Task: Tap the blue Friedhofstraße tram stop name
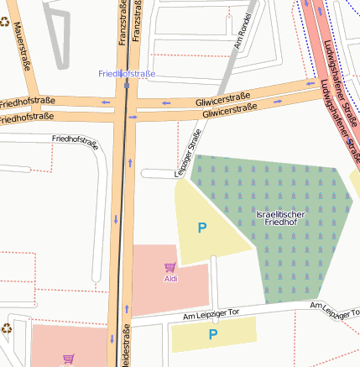(x=127, y=74)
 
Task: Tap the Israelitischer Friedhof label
(x=279, y=218)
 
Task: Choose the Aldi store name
(x=170, y=278)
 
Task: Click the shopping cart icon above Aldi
(x=170, y=267)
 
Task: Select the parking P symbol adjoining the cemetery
(x=201, y=228)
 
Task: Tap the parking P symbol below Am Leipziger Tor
(x=213, y=334)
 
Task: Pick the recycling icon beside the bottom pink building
(x=6, y=329)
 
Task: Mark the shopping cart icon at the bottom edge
(x=69, y=359)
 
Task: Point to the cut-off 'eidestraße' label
(x=127, y=345)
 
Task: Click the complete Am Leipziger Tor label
(x=211, y=313)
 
